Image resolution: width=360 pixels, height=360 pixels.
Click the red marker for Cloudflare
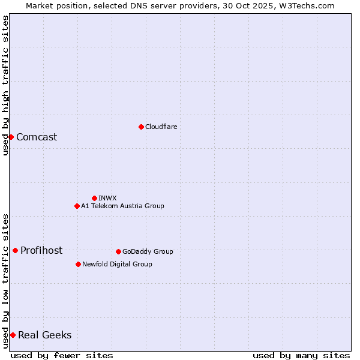(x=141, y=127)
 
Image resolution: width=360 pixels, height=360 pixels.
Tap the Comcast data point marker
(x=11, y=137)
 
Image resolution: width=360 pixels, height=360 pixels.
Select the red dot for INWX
(x=94, y=198)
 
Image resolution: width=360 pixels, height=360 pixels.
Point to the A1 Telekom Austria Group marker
(x=77, y=206)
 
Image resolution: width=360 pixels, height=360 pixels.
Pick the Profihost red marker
(x=15, y=250)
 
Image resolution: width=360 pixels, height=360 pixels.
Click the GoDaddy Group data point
(x=118, y=251)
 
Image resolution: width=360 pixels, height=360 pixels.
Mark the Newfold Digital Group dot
(x=78, y=264)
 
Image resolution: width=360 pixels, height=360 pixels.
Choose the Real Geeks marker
(x=13, y=335)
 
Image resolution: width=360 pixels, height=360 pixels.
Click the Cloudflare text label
(x=161, y=127)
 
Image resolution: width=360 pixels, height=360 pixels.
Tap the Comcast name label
(x=37, y=137)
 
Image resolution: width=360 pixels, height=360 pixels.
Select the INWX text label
(x=107, y=198)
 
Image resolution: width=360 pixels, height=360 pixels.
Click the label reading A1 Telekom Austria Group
(x=122, y=206)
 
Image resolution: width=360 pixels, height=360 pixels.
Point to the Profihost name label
(x=41, y=250)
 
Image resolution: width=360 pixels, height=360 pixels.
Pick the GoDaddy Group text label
(x=148, y=251)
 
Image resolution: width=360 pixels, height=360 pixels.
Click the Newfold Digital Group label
(x=117, y=264)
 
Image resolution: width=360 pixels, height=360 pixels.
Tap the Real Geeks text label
(x=45, y=335)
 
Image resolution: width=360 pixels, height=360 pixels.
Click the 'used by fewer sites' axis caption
(x=62, y=355)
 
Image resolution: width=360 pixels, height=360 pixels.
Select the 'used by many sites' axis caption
(x=301, y=355)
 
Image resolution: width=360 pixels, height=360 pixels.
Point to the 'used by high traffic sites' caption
(x=5, y=85)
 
